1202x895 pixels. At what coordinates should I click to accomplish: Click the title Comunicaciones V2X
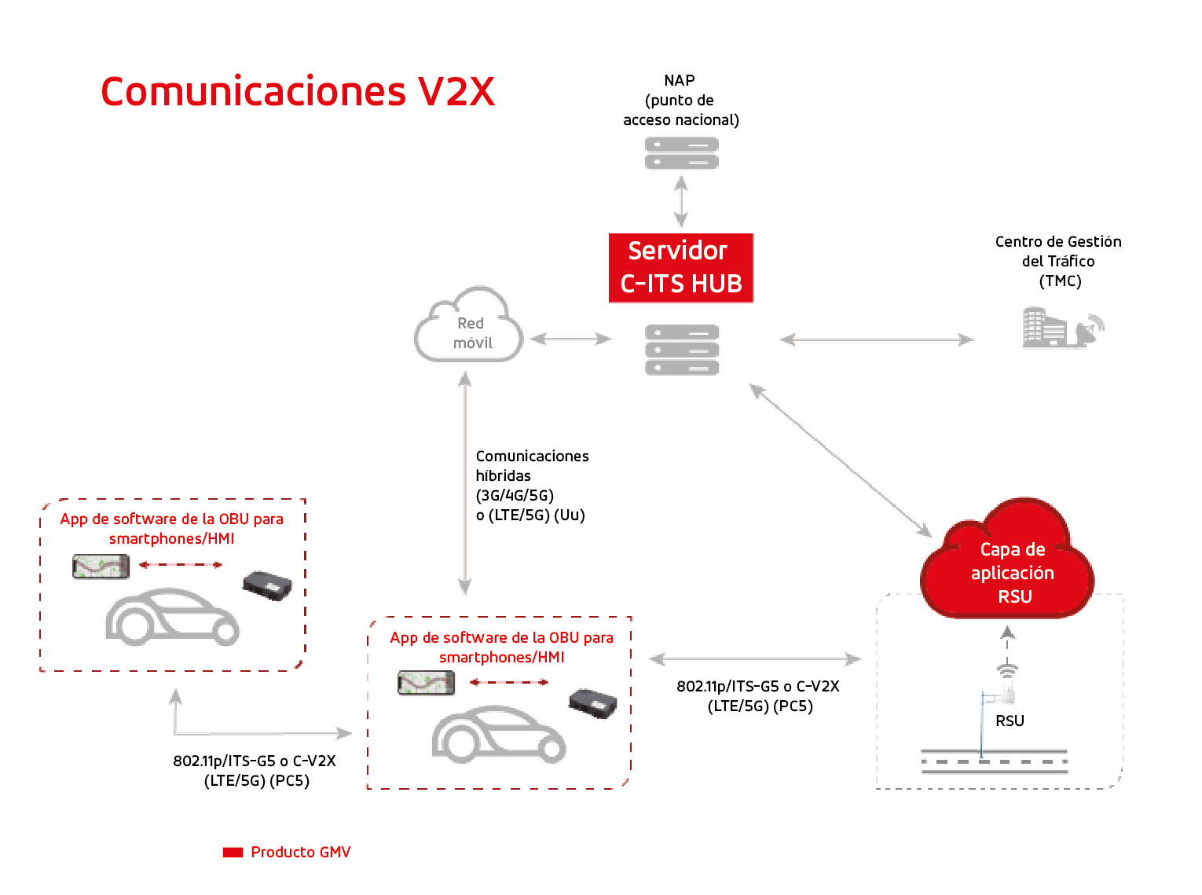click(298, 90)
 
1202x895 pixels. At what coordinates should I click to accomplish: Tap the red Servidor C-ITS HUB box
click(680, 268)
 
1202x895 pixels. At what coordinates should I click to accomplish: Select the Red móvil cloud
click(469, 325)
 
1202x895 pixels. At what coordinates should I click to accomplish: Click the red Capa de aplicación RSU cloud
click(1006, 559)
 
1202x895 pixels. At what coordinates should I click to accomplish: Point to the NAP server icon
click(681, 153)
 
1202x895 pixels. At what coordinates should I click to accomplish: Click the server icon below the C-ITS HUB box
click(682, 350)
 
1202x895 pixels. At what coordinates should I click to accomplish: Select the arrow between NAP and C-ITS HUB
click(680, 202)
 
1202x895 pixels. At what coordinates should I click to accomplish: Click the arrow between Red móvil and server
click(570, 339)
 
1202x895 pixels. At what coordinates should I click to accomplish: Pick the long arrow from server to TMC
click(876, 339)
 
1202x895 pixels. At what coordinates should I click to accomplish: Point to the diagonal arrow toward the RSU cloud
click(841, 460)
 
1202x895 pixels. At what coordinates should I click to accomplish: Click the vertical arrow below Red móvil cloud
click(464, 482)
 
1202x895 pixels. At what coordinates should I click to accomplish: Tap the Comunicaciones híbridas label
click(532, 485)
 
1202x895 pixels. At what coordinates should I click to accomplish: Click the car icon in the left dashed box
click(172, 617)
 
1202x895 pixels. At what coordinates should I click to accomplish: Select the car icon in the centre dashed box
click(499, 735)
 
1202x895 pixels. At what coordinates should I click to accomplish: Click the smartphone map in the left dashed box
click(101, 567)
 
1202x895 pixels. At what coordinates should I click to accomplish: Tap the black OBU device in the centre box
click(592, 703)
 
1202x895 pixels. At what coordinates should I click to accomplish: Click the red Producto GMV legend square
click(233, 852)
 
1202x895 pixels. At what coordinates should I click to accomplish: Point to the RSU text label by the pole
click(1010, 721)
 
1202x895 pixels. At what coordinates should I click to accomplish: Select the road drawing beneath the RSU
click(994, 761)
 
